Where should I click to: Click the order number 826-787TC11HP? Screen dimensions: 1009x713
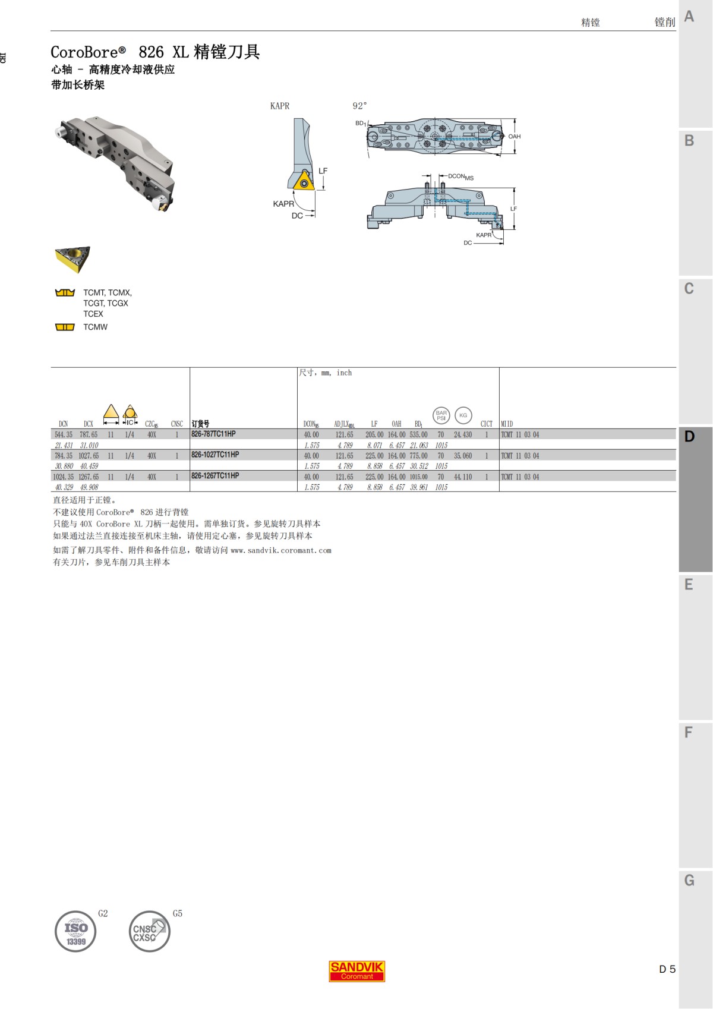[x=213, y=434]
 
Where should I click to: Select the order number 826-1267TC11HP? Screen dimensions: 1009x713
[x=215, y=476]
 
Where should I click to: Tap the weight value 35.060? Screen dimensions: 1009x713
[x=463, y=456]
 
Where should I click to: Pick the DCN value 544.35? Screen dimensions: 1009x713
[x=64, y=435]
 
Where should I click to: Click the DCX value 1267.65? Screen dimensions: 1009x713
[x=89, y=477]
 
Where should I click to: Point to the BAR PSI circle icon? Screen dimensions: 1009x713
[x=441, y=415]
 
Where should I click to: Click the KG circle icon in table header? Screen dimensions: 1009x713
[x=463, y=415]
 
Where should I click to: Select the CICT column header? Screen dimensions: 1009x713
[x=487, y=424]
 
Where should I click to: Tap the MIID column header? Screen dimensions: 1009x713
[x=507, y=424]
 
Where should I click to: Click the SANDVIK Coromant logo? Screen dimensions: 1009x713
[x=357, y=971]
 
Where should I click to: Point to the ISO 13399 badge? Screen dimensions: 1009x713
[x=75, y=932]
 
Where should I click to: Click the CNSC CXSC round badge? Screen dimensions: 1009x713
[x=149, y=932]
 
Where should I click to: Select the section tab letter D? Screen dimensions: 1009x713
[x=689, y=437]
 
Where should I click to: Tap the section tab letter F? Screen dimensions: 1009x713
[x=689, y=732]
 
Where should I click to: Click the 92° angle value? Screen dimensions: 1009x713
[x=359, y=106]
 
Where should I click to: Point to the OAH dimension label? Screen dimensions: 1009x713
[x=514, y=137]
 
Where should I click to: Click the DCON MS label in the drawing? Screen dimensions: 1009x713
[x=460, y=177]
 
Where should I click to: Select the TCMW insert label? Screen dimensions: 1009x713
[x=95, y=327]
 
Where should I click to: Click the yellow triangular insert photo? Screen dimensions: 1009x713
[x=72, y=259]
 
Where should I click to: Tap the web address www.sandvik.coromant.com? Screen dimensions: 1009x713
[x=281, y=550]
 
